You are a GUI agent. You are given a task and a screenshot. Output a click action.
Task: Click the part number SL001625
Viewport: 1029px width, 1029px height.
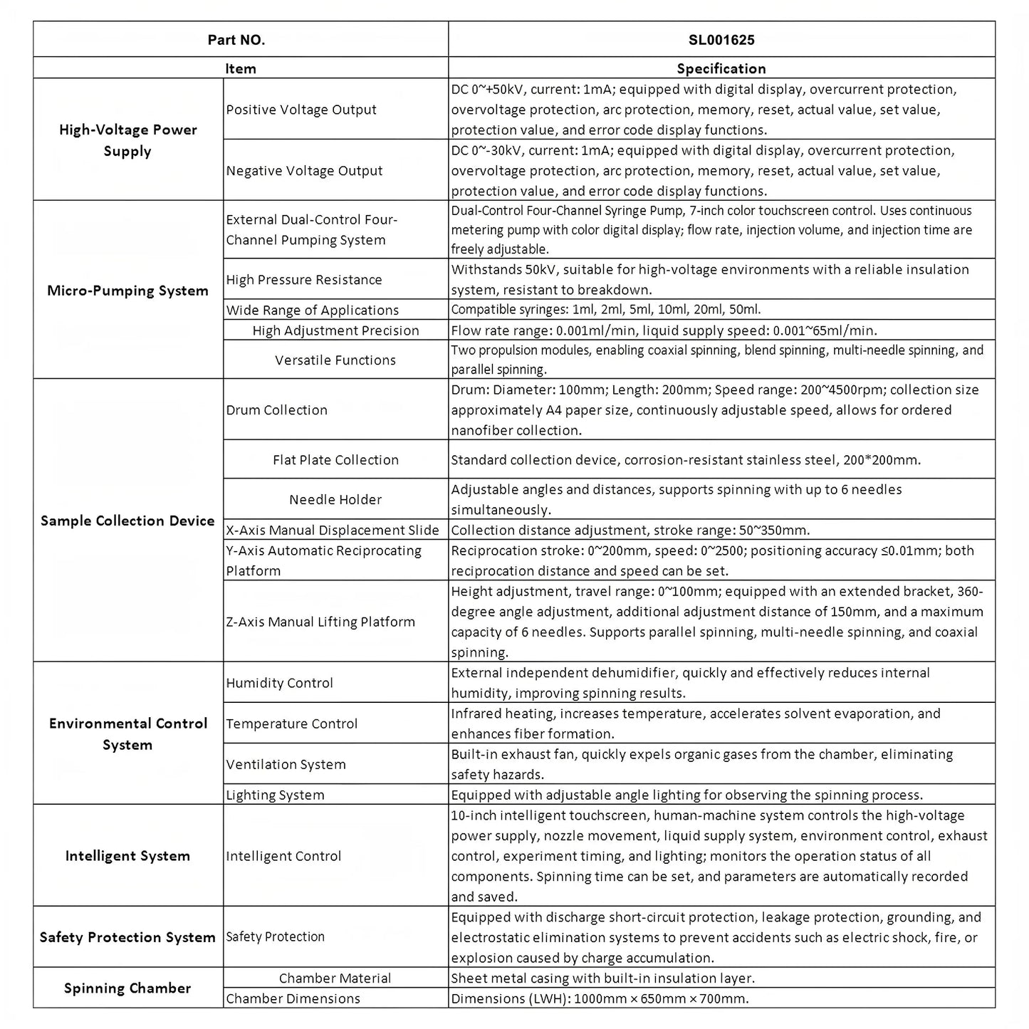[x=721, y=40]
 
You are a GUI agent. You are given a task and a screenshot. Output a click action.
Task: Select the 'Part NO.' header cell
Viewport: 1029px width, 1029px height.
[x=236, y=40]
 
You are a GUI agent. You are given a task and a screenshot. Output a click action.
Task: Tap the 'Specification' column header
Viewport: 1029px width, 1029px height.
[x=721, y=68]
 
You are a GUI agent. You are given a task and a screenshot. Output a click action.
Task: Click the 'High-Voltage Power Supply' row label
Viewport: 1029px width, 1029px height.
[x=127, y=140]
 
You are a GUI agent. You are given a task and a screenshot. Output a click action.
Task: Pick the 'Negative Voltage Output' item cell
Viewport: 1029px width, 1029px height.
[x=304, y=171]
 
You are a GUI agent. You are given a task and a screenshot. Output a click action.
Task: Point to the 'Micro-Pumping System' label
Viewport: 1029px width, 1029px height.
[x=127, y=291]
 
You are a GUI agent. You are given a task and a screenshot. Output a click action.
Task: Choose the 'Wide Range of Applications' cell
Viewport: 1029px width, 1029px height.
[x=312, y=310]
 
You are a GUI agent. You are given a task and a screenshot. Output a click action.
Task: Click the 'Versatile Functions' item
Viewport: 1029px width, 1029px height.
[x=335, y=360]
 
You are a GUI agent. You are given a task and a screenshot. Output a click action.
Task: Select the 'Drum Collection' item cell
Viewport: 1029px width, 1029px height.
[x=276, y=410]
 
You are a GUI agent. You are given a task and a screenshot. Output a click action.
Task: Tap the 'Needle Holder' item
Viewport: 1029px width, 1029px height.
[x=335, y=500]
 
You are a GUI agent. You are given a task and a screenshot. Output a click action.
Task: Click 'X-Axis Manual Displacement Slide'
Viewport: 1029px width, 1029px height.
[x=333, y=531]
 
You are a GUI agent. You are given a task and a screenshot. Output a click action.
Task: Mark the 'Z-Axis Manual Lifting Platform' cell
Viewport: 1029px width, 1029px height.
[x=320, y=622]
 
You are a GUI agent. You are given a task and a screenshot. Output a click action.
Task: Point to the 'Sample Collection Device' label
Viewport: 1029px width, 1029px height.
[x=127, y=521]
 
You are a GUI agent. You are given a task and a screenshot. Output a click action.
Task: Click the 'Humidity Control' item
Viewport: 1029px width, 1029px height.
[x=279, y=683]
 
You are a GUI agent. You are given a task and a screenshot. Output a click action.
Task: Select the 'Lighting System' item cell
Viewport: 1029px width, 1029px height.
[x=275, y=795]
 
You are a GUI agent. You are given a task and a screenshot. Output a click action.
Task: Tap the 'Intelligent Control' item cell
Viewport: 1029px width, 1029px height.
[x=283, y=856]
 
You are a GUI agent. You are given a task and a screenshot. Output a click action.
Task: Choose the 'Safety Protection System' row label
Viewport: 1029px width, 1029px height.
[x=127, y=937]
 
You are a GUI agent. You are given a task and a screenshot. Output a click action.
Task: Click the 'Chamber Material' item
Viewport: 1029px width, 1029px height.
[x=335, y=978]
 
